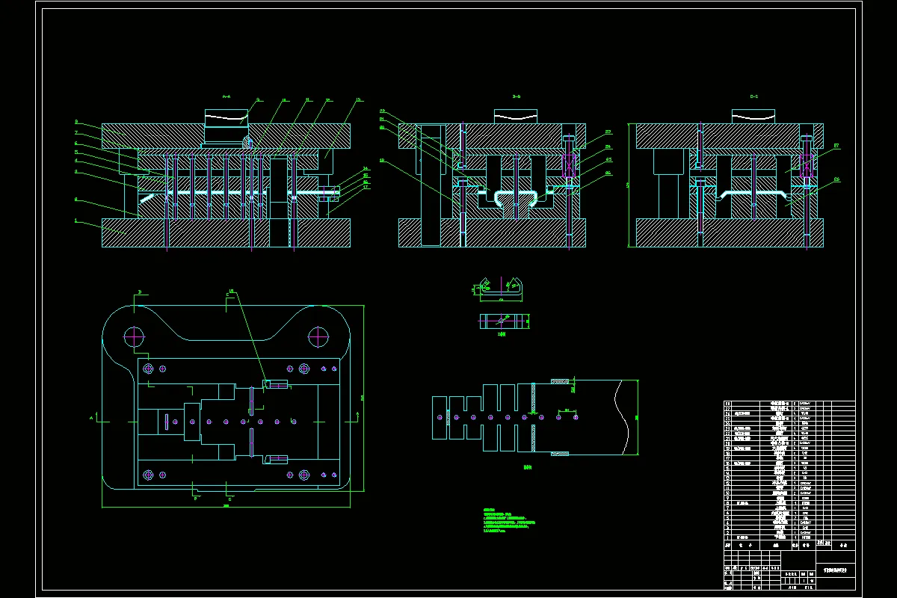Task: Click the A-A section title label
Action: click(226, 96)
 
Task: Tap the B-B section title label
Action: click(516, 96)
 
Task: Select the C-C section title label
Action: click(753, 96)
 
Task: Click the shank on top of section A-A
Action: click(226, 127)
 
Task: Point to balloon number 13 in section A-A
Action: click(358, 99)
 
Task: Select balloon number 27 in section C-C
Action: click(836, 146)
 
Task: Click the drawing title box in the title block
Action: click(834, 568)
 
